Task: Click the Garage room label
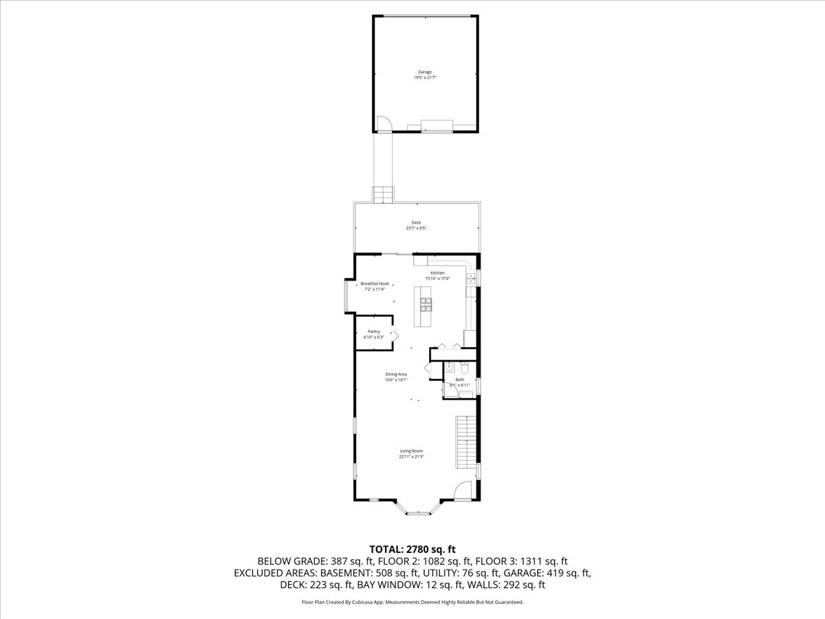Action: coord(426,72)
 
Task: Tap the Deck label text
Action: coord(416,222)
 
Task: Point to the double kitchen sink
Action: coord(471,278)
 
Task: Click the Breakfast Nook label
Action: coord(375,283)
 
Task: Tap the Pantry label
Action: coord(373,332)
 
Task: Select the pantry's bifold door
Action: coord(395,335)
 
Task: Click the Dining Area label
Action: coord(396,374)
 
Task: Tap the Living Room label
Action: coord(412,451)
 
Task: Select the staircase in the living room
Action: coord(466,442)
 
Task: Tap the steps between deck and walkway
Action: coord(382,195)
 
